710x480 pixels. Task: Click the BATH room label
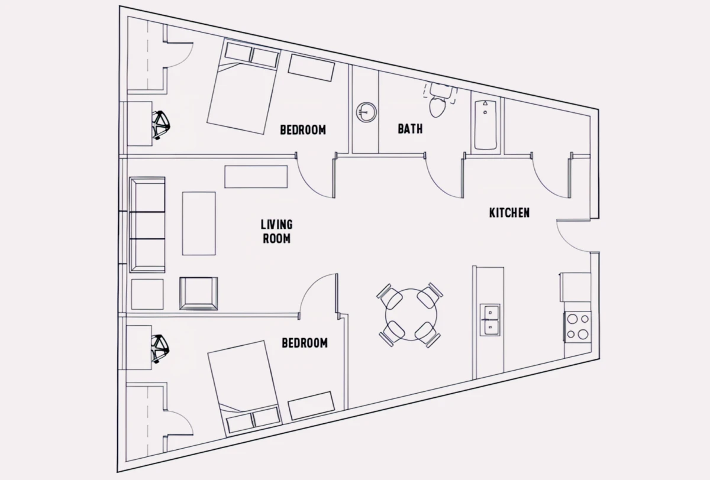click(410, 129)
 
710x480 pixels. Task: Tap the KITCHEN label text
click(509, 213)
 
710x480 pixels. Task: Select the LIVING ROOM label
click(276, 232)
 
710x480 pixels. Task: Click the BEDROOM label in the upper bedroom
click(303, 130)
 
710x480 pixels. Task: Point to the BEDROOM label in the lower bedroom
click(305, 343)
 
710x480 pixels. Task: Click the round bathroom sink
click(366, 112)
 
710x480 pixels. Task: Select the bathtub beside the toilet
click(485, 124)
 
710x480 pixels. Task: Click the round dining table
click(411, 314)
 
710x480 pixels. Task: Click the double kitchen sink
click(490, 320)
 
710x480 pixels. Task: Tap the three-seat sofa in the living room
click(147, 225)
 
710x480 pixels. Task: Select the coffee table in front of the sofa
click(199, 223)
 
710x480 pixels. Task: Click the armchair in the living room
click(199, 294)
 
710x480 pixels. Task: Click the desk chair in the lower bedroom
click(160, 349)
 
